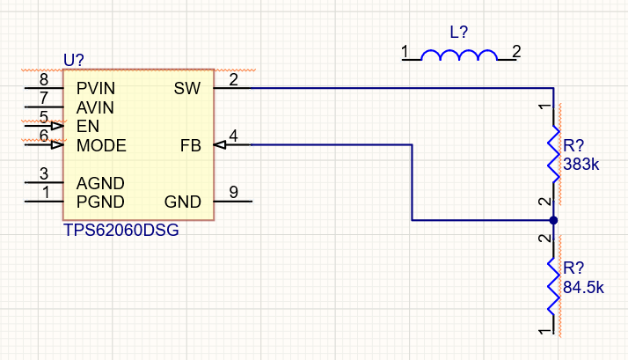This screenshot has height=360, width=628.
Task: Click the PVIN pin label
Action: coord(95,89)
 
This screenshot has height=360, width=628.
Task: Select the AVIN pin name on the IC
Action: coord(95,107)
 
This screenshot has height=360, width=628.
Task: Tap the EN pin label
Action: coord(87,127)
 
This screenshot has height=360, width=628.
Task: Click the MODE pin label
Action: coord(101,145)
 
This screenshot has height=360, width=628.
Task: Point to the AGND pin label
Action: coord(99,183)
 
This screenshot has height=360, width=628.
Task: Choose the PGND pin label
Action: coord(99,202)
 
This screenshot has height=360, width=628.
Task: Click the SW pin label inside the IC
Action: coord(187,89)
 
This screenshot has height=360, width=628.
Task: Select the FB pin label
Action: coord(191,145)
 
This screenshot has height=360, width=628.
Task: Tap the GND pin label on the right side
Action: coord(183,202)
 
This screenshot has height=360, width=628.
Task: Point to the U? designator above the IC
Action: coord(74,60)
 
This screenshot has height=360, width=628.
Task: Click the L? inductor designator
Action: coord(459,33)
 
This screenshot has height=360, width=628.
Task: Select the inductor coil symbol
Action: coord(459,56)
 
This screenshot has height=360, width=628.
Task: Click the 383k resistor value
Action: coord(581,165)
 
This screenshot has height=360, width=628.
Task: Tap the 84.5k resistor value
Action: coord(584,287)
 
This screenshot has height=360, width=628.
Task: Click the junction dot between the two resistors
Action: coord(553,220)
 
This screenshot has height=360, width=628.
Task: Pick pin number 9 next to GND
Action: coord(233,192)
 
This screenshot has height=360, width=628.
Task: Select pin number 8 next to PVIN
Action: coord(44,80)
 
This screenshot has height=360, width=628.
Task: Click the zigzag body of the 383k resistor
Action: coord(553,154)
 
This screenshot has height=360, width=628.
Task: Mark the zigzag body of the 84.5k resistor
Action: coord(553,284)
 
